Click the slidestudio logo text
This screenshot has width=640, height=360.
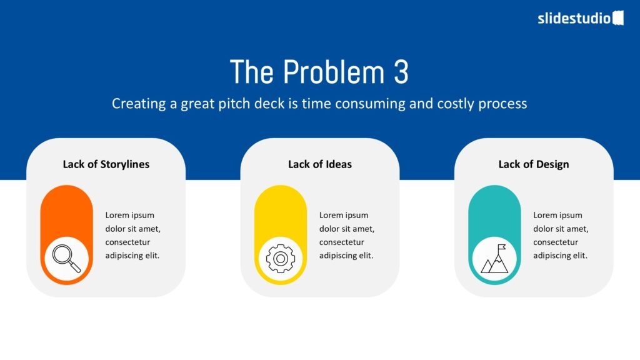pyautogui.click(x=574, y=18)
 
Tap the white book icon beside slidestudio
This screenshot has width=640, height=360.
pyautogui.click(x=618, y=18)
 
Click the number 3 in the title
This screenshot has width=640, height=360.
pyautogui.click(x=401, y=72)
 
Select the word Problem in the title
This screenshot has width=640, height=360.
pyautogui.click(x=334, y=72)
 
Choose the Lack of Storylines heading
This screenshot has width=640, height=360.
pyautogui.click(x=106, y=164)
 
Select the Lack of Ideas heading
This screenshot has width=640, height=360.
pyautogui.click(x=320, y=164)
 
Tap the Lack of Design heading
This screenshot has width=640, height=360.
pyautogui.click(x=534, y=164)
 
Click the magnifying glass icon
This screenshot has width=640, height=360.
pyautogui.click(x=66, y=258)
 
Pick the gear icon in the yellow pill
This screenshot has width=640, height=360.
pyautogui.click(x=281, y=258)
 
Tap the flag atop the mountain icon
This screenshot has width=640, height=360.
pyautogui.click(x=502, y=247)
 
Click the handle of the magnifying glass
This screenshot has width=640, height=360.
pyautogui.click(x=75, y=267)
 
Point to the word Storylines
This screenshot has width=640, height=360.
pyautogui.click(x=125, y=164)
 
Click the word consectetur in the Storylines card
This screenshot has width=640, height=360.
pyautogui.click(x=127, y=242)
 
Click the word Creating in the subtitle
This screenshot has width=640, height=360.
pyautogui.click(x=139, y=104)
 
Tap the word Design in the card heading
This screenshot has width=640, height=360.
pyautogui.click(x=552, y=164)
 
